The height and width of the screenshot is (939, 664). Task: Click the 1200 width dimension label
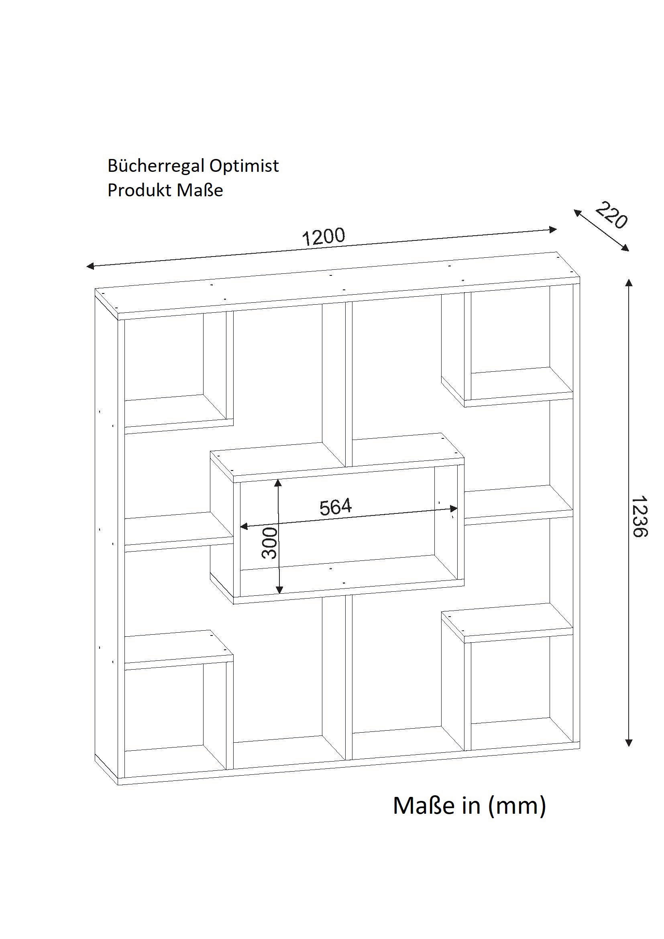pos(324,237)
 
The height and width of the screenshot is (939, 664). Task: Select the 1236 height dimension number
pos(639,517)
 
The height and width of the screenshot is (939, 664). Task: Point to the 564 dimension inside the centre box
pos(335,507)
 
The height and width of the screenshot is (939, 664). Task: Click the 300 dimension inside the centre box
pos(270,543)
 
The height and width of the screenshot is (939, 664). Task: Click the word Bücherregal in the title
pos(156,166)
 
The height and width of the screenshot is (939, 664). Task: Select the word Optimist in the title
pos(244,166)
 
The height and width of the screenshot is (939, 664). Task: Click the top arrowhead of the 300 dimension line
pos(279,483)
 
